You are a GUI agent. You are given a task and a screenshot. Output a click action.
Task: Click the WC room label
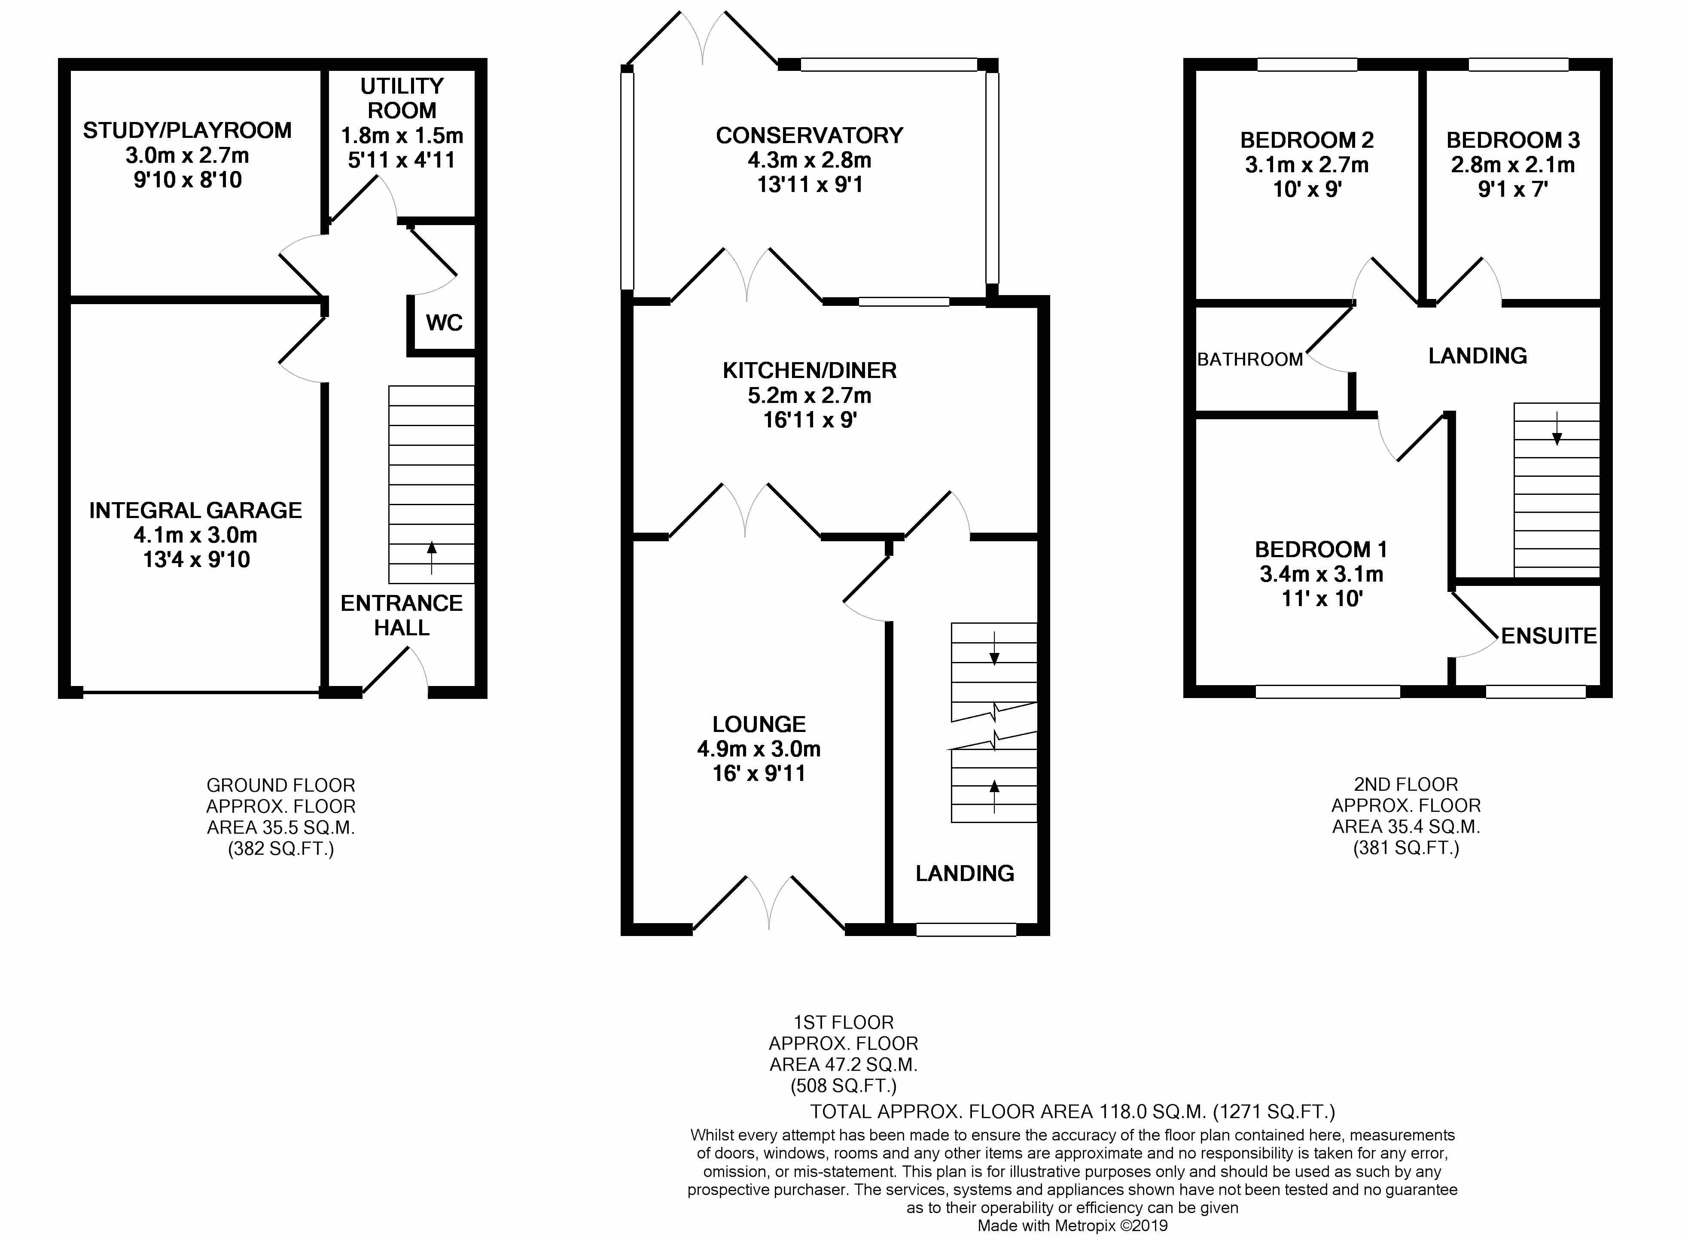[x=444, y=323]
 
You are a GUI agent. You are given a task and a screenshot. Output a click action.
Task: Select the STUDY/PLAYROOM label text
[x=187, y=131]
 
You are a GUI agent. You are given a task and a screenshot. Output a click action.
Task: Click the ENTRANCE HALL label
[x=402, y=615]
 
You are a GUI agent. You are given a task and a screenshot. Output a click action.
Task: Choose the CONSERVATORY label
[x=809, y=136]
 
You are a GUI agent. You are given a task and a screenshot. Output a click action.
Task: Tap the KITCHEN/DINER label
[x=810, y=370]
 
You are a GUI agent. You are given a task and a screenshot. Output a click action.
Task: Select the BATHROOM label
[x=1250, y=360]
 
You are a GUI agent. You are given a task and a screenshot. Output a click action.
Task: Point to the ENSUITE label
[x=1549, y=636]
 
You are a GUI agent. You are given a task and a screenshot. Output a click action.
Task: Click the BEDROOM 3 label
[x=1513, y=140]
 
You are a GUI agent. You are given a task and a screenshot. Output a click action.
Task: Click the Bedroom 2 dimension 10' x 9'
[x=1307, y=189]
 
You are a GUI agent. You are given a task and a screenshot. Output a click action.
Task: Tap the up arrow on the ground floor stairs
[x=431, y=558]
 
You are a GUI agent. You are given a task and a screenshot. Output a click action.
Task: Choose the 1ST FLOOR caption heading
[x=844, y=1022]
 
